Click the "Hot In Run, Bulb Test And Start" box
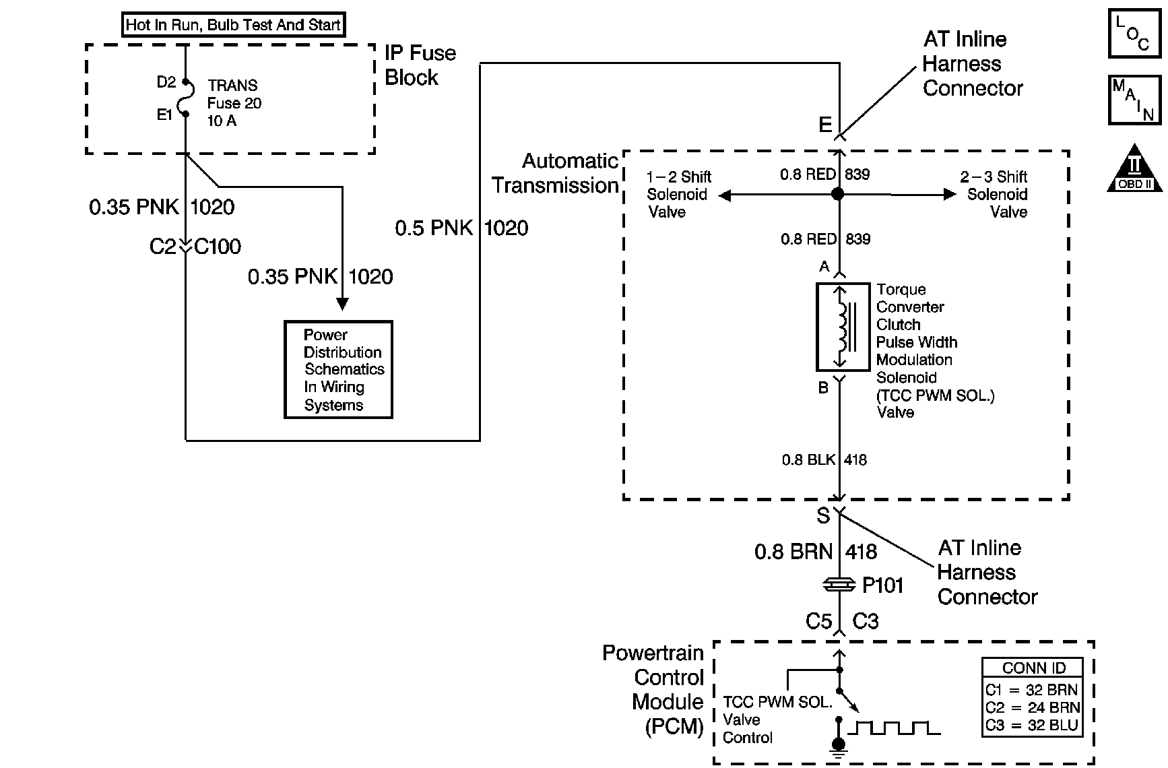point(233,26)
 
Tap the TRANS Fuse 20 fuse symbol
point(185,98)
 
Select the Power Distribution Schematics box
point(338,370)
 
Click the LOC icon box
point(1134,32)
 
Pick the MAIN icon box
point(1134,100)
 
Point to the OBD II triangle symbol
point(1134,168)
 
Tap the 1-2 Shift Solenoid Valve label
point(679,194)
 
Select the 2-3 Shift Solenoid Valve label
point(994,194)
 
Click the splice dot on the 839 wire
point(837,194)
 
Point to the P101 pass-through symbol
point(839,585)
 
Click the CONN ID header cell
point(1033,668)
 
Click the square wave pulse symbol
point(894,728)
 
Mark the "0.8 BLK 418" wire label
point(824,460)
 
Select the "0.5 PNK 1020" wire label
point(461,228)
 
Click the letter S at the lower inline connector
point(823,516)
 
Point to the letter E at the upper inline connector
point(825,125)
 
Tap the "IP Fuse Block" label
point(420,65)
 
